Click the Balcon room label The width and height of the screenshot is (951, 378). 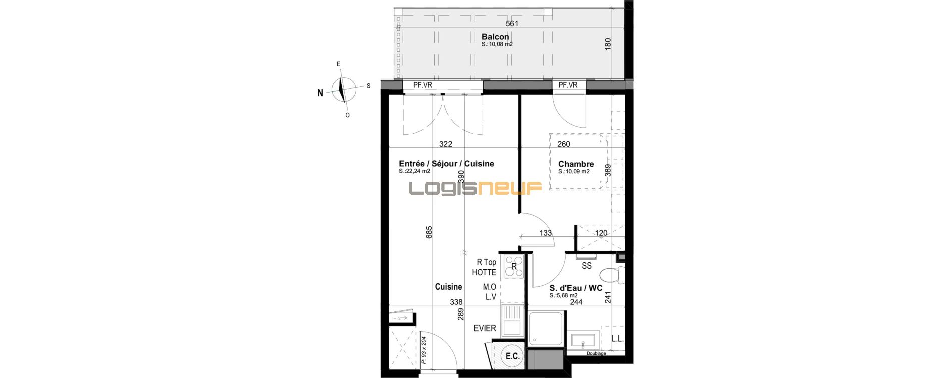pos(495,37)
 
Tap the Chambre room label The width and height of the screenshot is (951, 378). pos(576,164)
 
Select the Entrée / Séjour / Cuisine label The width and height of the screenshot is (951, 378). pos(446,164)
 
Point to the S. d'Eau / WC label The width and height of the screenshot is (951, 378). pos(576,288)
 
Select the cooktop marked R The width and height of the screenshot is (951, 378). pos(514,267)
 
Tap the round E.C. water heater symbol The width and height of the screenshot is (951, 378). pos(512,356)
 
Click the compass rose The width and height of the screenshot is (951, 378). pos(343,89)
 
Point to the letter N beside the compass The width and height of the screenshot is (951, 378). pos(320,93)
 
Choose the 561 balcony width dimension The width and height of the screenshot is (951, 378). pos(512,23)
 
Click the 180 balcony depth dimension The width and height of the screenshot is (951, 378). pos(608,44)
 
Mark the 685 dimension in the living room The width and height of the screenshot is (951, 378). pos(429,232)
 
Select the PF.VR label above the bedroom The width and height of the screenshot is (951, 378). pos(568,85)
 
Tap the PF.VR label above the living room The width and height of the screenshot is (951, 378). pos(422,85)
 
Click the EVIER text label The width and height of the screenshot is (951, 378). pos(485,328)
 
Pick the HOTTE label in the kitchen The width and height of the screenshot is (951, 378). pos(484,272)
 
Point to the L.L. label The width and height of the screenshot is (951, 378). pos(617,338)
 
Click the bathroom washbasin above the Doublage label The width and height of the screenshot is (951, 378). pos(583,340)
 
